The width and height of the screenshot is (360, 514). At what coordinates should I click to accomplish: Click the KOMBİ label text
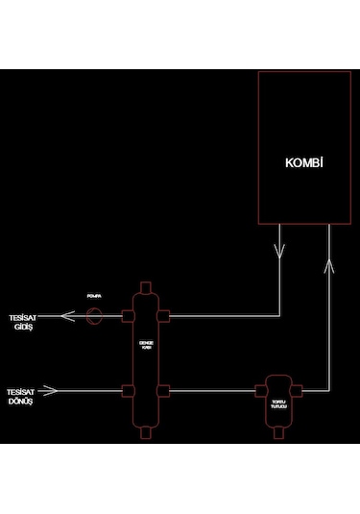pyautogui.click(x=303, y=162)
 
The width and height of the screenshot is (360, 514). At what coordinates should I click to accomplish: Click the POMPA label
pyautogui.click(x=94, y=297)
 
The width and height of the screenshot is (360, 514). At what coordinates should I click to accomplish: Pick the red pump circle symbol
pyautogui.click(x=94, y=315)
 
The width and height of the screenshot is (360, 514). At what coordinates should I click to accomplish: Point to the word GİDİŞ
pyautogui.click(x=24, y=328)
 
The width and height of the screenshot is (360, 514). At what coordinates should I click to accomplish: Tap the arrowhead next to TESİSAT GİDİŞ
pyautogui.click(x=66, y=315)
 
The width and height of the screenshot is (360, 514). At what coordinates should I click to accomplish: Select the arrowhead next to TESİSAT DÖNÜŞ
pyautogui.click(x=53, y=390)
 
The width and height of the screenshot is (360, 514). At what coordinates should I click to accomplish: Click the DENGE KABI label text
pyautogui.click(x=146, y=344)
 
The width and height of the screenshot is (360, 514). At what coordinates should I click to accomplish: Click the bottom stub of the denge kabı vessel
pyautogui.click(x=146, y=432)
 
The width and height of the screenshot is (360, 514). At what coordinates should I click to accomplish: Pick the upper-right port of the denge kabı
pyautogui.click(x=166, y=315)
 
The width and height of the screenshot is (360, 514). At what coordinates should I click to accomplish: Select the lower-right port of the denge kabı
pyautogui.click(x=166, y=390)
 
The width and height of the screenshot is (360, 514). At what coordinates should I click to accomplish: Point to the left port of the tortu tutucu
pyautogui.click(x=259, y=390)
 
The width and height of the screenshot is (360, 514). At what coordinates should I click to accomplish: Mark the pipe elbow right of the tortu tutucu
pyautogui.click(x=330, y=390)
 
